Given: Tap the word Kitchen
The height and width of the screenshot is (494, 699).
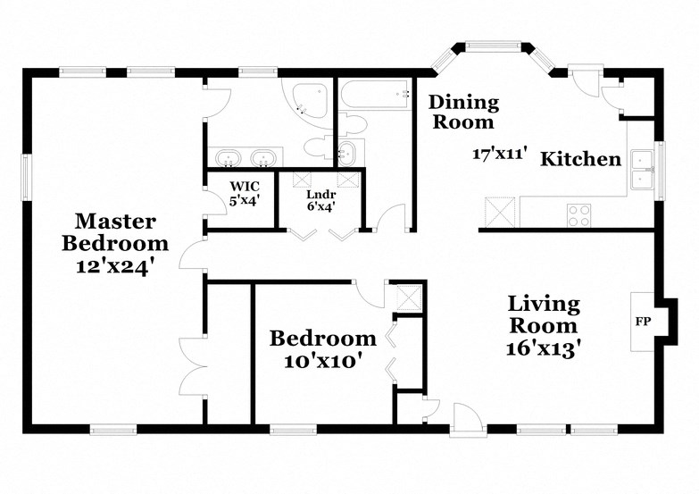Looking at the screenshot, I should coord(581,160).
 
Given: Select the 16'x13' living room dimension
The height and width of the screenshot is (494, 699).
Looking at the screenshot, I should coord(544,347).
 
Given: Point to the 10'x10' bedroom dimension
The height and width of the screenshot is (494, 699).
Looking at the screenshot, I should coord(323,363).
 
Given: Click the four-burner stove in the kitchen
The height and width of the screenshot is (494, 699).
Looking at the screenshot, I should coord(578,214).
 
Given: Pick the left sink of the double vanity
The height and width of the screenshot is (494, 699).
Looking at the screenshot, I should coord(229,159).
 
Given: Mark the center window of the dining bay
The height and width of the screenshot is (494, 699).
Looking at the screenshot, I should coord(490,46).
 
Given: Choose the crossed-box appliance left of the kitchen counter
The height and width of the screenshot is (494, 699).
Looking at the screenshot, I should coord(499,211).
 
